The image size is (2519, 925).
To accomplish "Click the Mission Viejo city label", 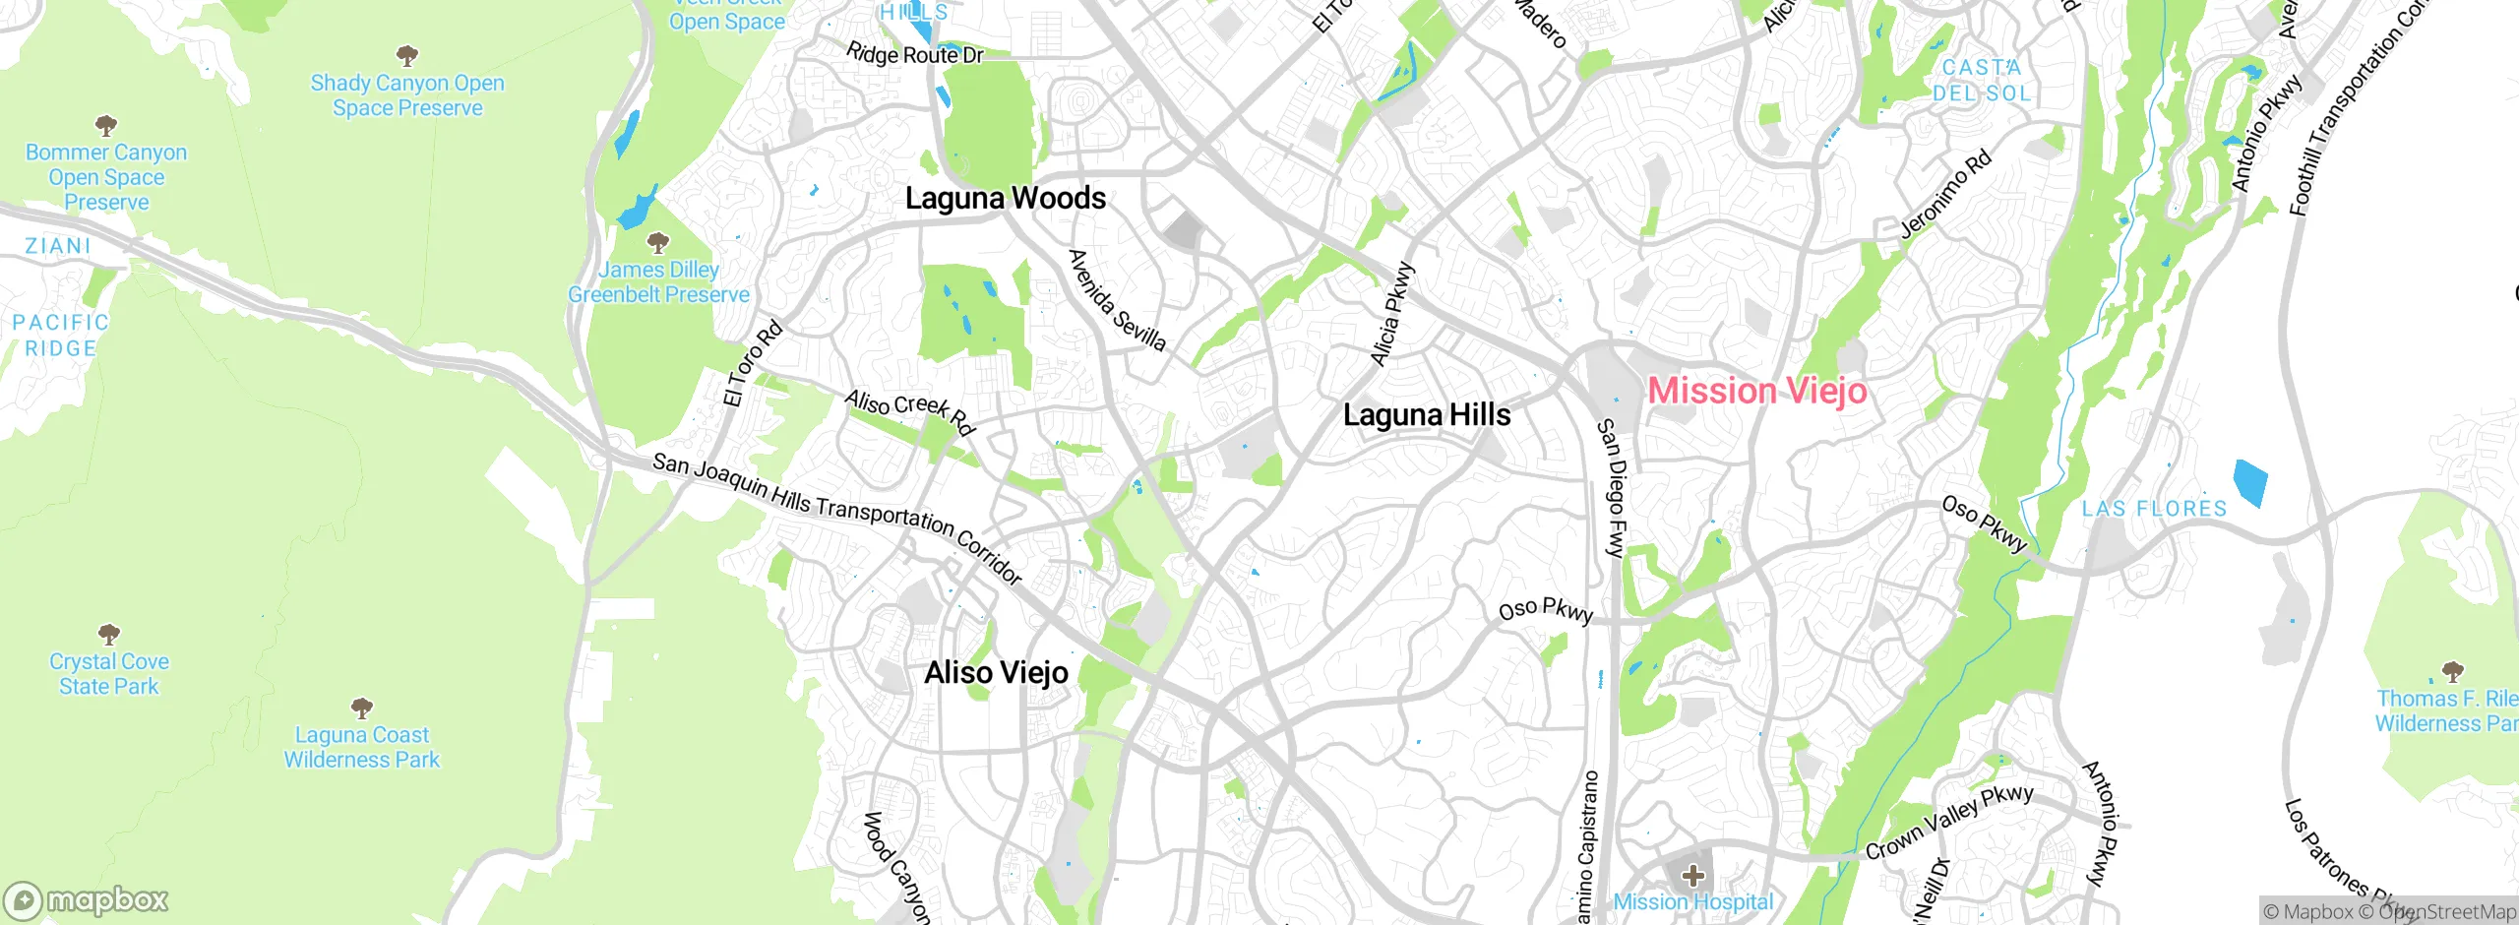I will pos(1756,391).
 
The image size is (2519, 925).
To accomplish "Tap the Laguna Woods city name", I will pos(1005,198).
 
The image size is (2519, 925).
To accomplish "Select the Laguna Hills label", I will pos(1426,414).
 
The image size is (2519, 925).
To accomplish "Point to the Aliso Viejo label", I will pos(996,672).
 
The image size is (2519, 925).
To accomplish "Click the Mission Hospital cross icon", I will pos(1692,875).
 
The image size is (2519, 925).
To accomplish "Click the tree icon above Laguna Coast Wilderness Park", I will pos(362,708).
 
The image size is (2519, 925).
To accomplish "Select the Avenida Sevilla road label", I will pos(1117,300).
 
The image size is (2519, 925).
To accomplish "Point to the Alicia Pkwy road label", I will pos(1391,315).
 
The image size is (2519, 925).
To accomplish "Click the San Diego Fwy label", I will pos(1610,488).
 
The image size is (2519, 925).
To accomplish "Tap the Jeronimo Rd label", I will pos(1944,195).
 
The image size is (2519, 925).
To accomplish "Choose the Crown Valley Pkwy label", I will pos(1948,821).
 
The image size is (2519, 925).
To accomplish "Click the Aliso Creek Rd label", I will pos(909,411).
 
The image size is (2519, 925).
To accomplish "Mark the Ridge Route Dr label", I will pos(914,54).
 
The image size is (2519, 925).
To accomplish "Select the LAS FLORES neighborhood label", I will pos(2154,509).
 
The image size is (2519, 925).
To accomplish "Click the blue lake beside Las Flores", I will pos(2249,482).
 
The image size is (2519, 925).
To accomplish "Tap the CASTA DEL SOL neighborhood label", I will pos(1982,81).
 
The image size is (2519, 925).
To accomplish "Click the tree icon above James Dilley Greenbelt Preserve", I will pos(658,242).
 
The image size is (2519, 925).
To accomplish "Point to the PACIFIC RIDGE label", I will pos(61,336).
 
